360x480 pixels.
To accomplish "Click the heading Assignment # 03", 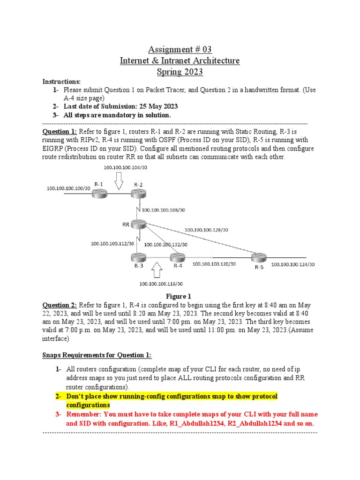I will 180,50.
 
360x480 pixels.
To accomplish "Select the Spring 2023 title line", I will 180,72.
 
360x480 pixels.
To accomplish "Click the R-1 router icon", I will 99,193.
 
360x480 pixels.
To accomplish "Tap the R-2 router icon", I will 139,193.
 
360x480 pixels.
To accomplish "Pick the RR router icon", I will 139,225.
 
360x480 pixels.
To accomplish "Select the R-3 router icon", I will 139,257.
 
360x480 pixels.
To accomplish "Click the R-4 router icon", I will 178,257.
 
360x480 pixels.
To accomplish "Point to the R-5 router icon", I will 258,257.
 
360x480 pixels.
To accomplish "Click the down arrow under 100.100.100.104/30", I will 118,180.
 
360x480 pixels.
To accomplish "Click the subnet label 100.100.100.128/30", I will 206,230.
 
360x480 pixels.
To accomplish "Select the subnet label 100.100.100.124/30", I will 293,264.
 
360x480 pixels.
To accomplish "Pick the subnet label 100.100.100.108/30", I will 163,210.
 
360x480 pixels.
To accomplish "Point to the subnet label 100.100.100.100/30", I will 68,188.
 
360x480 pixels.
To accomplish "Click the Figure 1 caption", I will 180,296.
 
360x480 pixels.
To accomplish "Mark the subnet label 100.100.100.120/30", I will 214,264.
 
